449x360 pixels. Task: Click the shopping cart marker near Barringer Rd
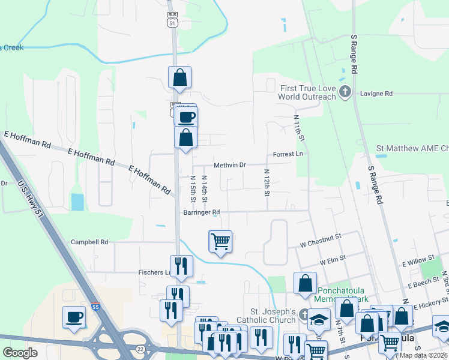(220, 242)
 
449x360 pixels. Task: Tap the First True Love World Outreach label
(307, 92)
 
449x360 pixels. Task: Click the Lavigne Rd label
(376, 94)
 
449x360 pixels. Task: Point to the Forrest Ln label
(288, 154)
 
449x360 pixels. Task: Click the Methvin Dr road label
(230, 165)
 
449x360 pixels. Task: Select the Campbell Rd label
(89, 242)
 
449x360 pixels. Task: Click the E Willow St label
(418, 261)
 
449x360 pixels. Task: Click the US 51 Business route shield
(173, 19)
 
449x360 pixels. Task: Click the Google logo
(20, 353)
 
